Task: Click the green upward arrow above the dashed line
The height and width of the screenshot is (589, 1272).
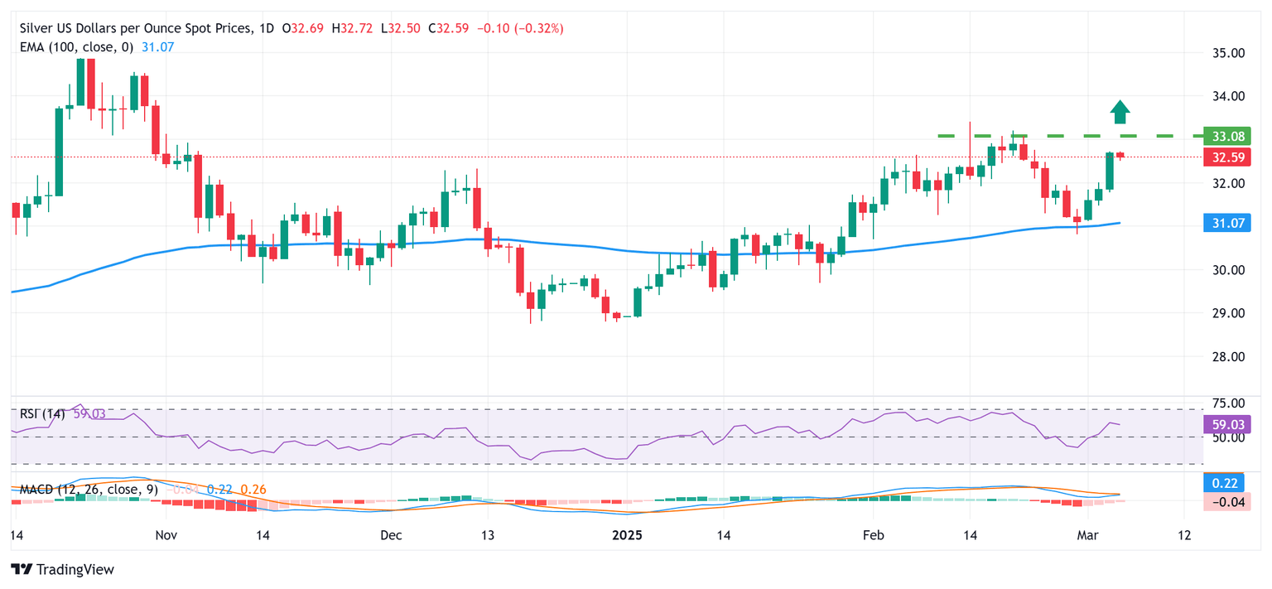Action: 1120,112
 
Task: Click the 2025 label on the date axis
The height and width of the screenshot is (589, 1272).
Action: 627,535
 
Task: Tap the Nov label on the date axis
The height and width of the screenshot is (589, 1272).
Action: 166,535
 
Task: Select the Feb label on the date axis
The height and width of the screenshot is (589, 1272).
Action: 874,535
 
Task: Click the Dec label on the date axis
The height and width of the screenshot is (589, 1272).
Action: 391,535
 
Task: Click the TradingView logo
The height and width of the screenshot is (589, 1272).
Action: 62,570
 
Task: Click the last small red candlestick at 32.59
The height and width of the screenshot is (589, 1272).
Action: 1120,155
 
